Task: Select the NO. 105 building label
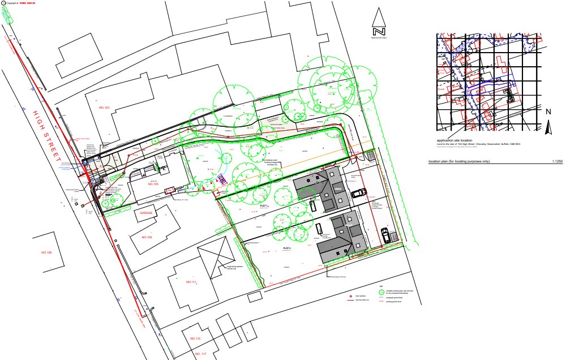click(x=153, y=185)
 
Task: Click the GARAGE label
click(x=144, y=213)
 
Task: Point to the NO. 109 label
click(x=146, y=237)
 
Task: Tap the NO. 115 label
click(x=195, y=338)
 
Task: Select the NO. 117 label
click(x=200, y=354)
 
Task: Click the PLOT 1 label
click(x=263, y=207)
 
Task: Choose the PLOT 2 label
click(x=286, y=248)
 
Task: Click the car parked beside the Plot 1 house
click(x=359, y=194)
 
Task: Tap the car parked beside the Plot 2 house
click(x=386, y=234)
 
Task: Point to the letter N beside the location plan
click(x=548, y=112)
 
